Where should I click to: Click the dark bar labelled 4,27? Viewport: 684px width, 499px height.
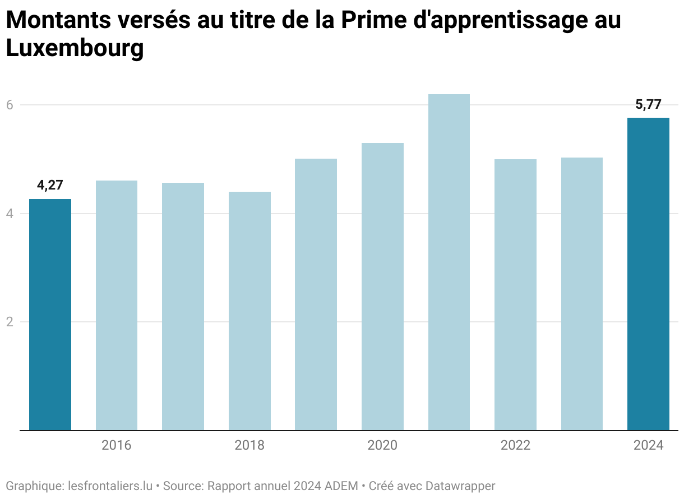coord(50,315)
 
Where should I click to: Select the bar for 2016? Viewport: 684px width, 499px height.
coord(117,306)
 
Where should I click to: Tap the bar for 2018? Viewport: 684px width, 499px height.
coord(249,311)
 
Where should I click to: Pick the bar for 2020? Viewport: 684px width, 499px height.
coord(382,287)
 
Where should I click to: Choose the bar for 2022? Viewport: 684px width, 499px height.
coord(515,295)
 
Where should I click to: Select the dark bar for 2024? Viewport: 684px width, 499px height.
coord(648,274)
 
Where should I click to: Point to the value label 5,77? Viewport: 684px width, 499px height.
coord(648,104)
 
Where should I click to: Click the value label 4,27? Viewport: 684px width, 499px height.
coord(50,186)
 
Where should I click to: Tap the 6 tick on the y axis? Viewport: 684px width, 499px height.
coord(10,105)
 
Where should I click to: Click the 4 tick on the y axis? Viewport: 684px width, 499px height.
coord(10,214)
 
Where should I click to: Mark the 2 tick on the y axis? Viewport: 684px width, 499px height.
coord(10,322)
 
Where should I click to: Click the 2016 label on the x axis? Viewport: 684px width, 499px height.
coord(117,446)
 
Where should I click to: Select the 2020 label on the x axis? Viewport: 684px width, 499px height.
coord(382,446)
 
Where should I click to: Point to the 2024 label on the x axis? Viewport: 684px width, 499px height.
coord(648,446)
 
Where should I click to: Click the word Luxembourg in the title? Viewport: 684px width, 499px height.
coord(75,49)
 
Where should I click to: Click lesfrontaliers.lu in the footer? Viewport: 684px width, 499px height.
coord(110,486)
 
